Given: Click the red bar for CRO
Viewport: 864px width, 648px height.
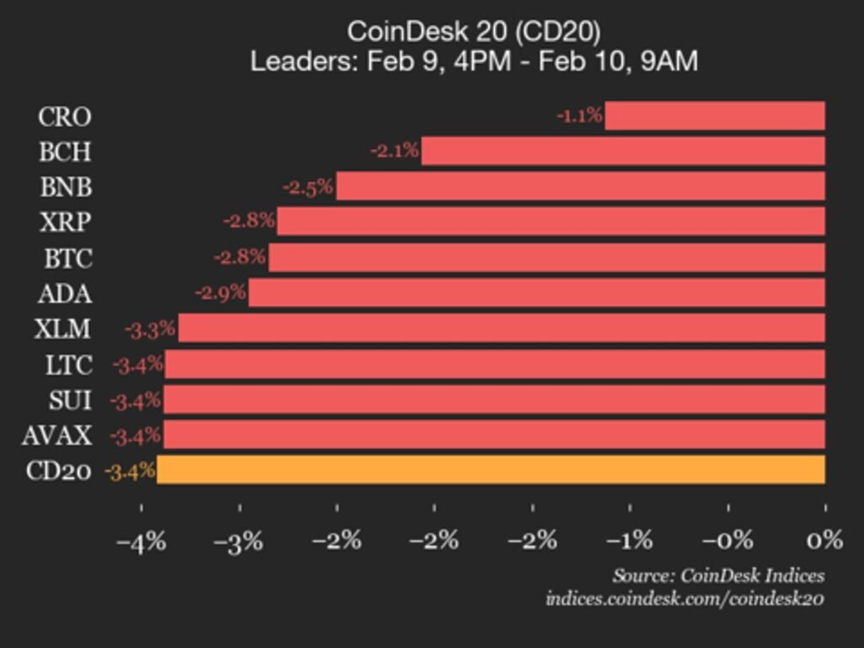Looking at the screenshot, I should (x=715, y=116).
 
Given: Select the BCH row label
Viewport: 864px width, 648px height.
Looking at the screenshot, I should (x=65, y=152).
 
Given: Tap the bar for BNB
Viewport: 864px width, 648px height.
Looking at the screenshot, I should (x=580, y=186).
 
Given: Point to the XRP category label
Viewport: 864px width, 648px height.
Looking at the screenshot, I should (x=65, y=222).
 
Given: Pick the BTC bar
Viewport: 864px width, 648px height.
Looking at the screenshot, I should (x=547, y=257).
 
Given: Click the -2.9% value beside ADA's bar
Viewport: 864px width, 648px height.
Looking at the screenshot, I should (x=220, y=293).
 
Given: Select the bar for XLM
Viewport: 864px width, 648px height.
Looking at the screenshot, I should (x=501, y=328).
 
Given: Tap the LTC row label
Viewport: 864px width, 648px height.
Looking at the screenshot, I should (x=68, y=364).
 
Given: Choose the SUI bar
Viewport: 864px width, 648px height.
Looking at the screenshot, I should (x=494, y=399).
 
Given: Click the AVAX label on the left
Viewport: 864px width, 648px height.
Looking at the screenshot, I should (x=58, y=435).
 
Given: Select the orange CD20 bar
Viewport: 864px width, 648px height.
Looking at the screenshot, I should (x=491, y=470).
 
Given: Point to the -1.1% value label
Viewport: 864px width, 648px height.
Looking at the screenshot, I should (x=580, y=116).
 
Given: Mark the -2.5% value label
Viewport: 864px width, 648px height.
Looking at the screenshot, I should (x=308, y=186).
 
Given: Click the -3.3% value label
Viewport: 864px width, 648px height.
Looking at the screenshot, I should (x=150, y=329).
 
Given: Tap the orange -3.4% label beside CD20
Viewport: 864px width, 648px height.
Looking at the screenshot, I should (x=130, y=471).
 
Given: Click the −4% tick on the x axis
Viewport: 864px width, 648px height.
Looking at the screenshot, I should (x=141, y=540).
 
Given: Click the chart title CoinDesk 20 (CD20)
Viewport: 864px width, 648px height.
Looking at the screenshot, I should (x=473, y=32).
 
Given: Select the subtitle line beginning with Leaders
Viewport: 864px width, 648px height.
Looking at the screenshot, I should (x=473, y=62).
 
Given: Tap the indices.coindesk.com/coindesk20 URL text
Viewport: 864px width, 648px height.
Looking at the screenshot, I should (x=684, y=599).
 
